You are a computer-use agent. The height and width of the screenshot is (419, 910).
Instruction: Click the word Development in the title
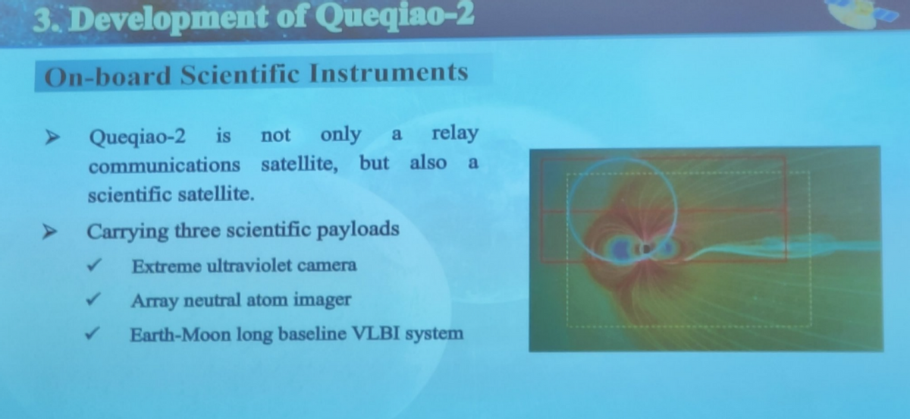tap(168, 19)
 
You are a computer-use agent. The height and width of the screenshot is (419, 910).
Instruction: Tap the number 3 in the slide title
tap(42, 20)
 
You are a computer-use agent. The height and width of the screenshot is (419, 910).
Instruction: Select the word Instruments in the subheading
tap(389, 73)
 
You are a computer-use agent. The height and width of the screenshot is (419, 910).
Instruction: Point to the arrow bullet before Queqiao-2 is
tap(52, 137)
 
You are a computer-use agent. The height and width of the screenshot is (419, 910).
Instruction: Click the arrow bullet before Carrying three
tap(50, 232)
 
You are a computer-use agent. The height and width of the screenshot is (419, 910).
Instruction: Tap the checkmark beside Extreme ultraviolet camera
tap(94, 266)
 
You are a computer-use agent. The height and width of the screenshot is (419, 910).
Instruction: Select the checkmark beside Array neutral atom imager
tap(93, 300)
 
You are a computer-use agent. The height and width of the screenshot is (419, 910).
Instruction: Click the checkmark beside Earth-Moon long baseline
tap(93, 334)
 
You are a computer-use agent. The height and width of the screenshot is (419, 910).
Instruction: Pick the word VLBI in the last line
tap(375, 333)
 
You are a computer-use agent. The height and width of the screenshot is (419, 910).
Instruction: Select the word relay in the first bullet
tap(455, 133)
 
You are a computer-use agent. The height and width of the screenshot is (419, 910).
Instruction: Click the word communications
tap(165, 165)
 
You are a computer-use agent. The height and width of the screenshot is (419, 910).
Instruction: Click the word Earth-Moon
tap(180, 335)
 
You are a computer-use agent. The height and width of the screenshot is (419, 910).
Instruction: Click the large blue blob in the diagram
tap(620, 249)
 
